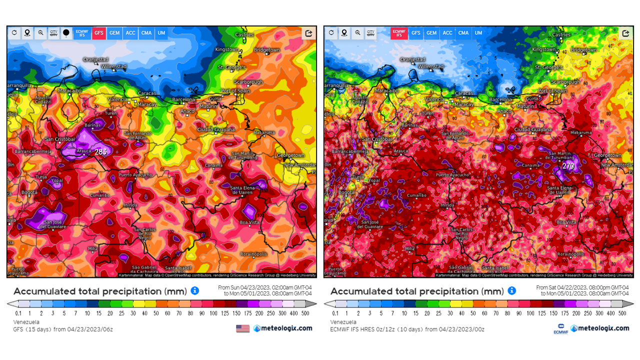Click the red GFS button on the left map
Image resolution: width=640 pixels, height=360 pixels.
[99, 33]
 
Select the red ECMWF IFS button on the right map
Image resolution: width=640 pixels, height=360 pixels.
[398, 33]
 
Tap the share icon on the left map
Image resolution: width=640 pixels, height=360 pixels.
[308, 33]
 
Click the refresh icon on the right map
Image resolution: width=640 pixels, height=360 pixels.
[331, 33]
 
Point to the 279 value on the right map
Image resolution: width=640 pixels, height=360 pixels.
[568, 165]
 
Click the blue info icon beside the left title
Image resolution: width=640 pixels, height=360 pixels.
[195, 291]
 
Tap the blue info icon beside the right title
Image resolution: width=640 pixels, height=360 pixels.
[511, 291]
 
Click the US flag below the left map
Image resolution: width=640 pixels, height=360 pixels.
[242, 328]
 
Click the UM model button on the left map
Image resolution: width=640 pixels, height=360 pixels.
[161, 33]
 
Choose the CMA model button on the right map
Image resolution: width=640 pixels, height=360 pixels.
[463, 33]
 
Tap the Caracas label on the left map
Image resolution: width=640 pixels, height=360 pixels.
[146, 93]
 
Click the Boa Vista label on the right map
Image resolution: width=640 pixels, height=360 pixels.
[566, 222]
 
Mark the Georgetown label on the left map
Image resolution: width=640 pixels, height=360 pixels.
[290, 155]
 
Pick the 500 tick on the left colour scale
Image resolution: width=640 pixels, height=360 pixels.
[305, 313]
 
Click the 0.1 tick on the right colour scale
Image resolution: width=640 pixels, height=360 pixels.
[335, 313]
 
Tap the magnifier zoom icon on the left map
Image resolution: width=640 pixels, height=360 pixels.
[40, 33]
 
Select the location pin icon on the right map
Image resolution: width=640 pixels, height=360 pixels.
[344, 33]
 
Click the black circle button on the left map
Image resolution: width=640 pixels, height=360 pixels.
[66, 33]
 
